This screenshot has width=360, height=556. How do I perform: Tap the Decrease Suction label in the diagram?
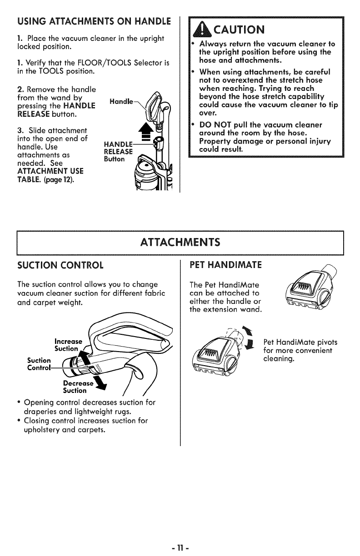[75, 387]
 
